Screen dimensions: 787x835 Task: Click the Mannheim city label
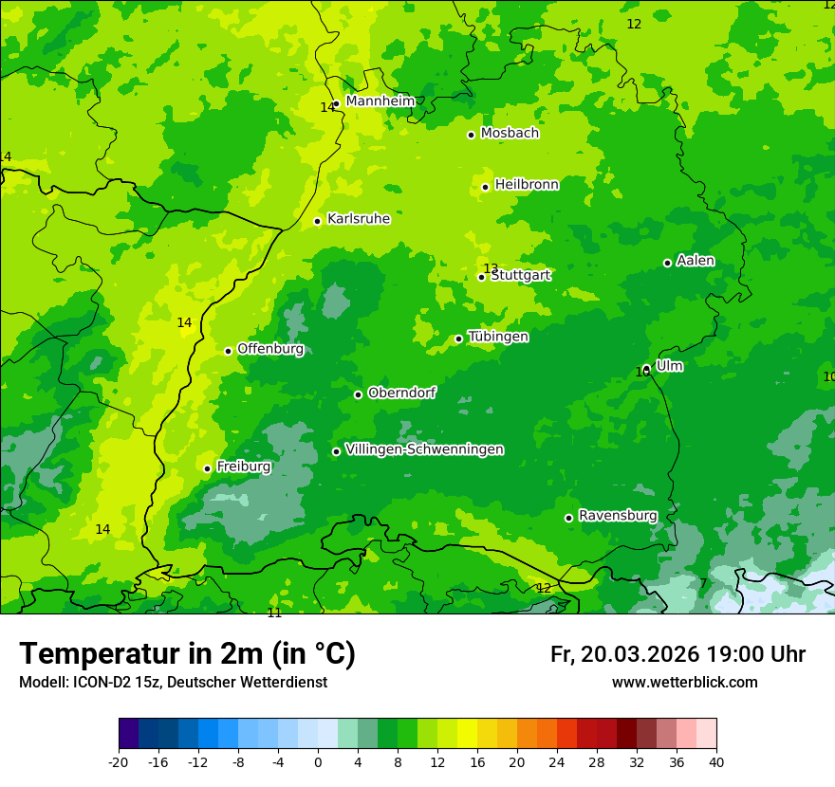point(380,101)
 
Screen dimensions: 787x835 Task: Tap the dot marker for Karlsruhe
point(318,221)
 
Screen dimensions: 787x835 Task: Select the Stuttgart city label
point(521,276)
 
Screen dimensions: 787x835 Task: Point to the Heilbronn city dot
point(485,187)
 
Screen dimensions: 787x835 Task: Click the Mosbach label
point(510,134)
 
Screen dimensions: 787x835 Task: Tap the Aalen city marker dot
point(667,263)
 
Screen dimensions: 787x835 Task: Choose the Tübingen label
point(498,337)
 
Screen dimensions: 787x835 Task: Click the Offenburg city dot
point(228,351)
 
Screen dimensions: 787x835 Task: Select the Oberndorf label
point(402,393)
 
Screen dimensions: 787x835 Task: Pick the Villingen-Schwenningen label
point(424,449)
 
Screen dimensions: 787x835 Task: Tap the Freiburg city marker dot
point(207,468)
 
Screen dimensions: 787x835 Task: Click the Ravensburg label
point(618,516)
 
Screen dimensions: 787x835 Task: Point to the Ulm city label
point(669,366)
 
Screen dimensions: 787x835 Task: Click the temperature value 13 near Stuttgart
point(491,268)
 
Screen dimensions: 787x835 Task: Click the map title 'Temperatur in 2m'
point(187,653)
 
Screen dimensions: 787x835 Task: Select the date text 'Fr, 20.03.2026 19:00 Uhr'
point(677,654)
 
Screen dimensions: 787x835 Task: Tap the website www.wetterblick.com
point(684,683)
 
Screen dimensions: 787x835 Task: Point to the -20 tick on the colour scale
point(119,761)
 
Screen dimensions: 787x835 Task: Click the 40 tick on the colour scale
point(716,761)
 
